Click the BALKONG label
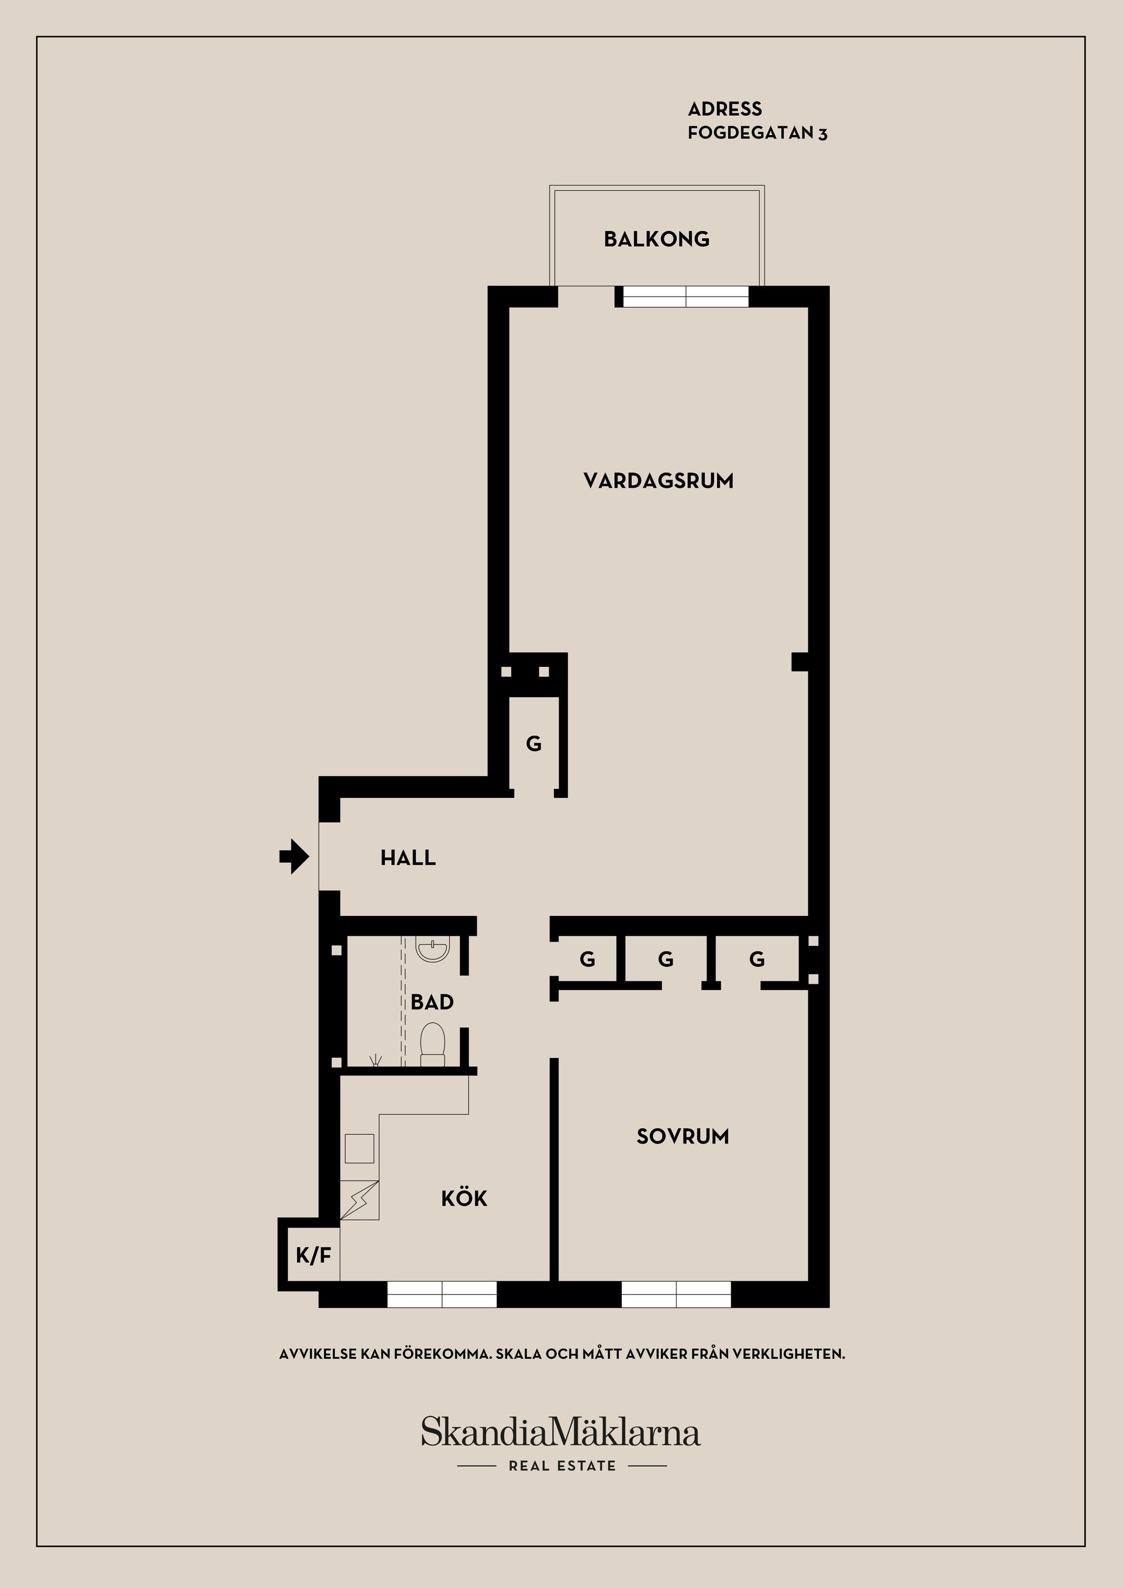[656, 239]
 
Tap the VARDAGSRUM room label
[659, 481]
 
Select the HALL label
[408, 858]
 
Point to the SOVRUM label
[683, 1137]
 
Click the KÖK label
[464, 1198]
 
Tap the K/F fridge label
[314, 1255]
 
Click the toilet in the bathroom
[433, 1045]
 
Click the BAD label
[432, 1002]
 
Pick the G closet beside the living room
[534, 744]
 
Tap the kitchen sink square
[360, 1149]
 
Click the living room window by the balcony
[686, 297]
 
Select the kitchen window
[442, 1294]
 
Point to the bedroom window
[676, 1294]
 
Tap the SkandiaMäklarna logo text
[561, 1432]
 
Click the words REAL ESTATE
[562, 1466]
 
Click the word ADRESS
[725, 109]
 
